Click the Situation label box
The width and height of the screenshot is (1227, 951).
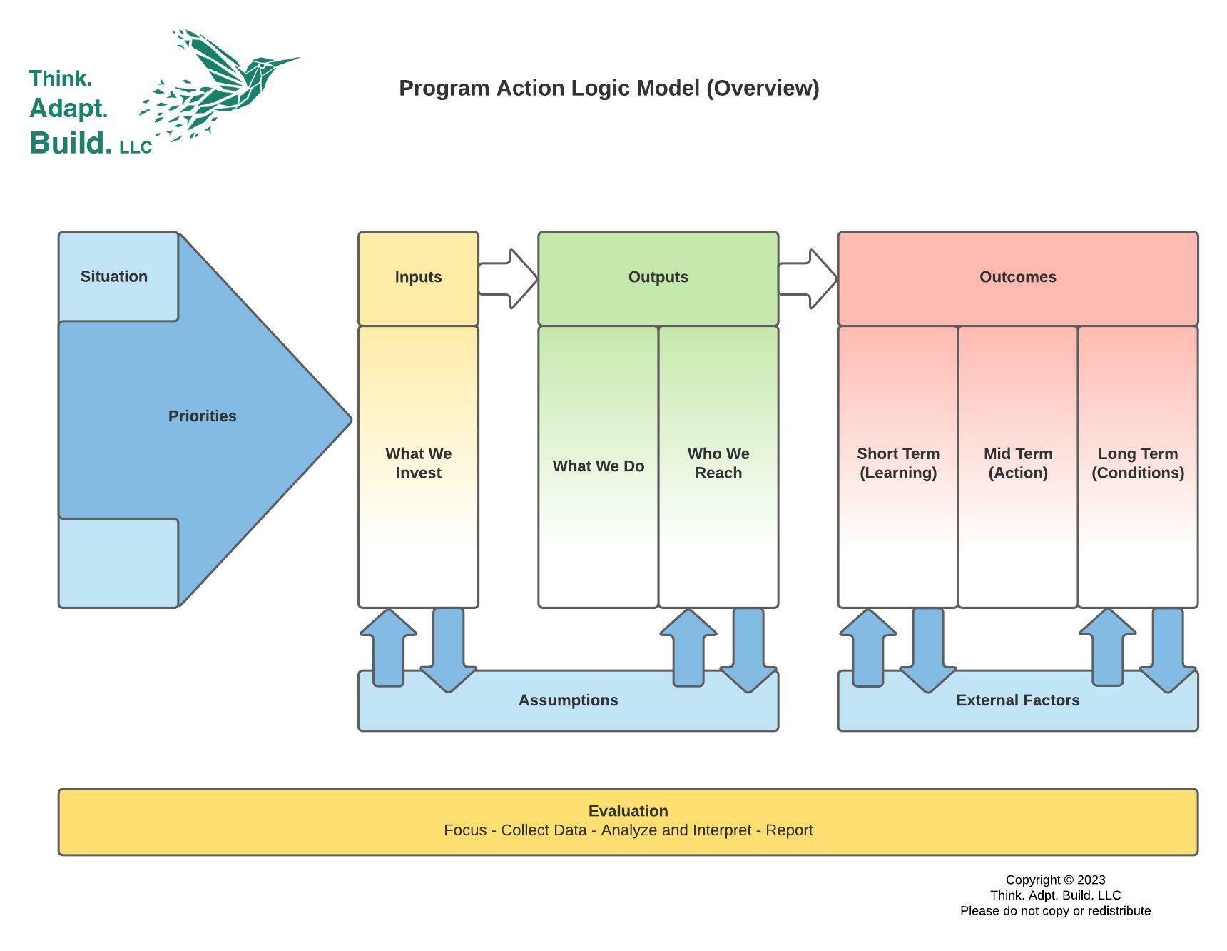pyautogui.click(x=114, y=276)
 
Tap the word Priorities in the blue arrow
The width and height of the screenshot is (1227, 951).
pyautogui.click(x=202, y=416)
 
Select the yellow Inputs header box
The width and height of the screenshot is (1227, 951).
pyautogui.click(x=418, y=277)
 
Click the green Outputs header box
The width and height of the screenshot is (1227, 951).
pyautogui.click(x=658, y=277)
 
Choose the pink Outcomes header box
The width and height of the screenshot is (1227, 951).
pyautogui.click(x=1017, y=277)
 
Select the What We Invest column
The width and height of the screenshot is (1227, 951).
pyautogui.click(x=418, y=464)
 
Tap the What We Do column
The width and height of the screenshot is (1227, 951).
pyautogui.click(x=598, y=466)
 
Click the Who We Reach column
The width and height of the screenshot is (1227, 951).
pyautogui.click(x=718, y=464)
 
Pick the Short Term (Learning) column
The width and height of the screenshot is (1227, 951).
pyautogui.click(x=897, y=464)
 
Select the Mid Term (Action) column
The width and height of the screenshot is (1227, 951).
pyautogui.click(x=1017, y=464)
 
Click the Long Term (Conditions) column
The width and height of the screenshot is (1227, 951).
pyautogui.click(x=1137, y=464)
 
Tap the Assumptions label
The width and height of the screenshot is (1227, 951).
pyautogui.click(x=568, y=700)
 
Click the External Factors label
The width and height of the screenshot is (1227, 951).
pyautogui.click(x=1017, y=700)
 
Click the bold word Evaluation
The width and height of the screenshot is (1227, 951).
pyautogui.click(x=628, y=811)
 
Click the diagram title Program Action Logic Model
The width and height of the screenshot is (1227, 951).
pyautogui.click(x=609, y=89)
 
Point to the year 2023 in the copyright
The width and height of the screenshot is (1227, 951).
pyautogui.click(x=1091, y=880)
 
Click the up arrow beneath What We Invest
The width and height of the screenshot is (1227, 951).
pyautogui.click(x=388, y=646)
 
